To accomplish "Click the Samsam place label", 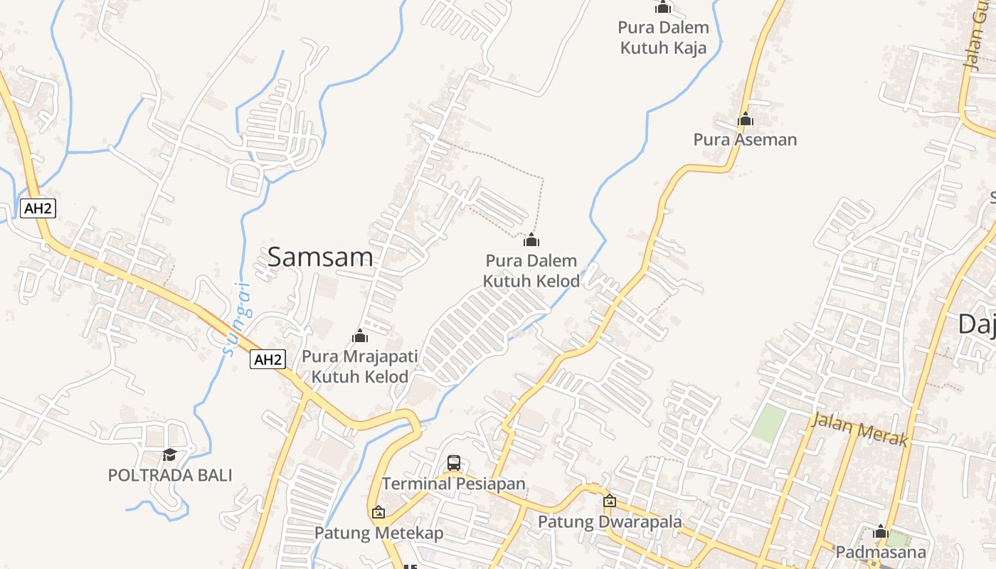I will [319, 257].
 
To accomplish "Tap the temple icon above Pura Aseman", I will [745, 119].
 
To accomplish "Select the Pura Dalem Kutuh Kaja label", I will [664, 38].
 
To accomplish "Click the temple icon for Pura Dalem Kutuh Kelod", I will [531, 240].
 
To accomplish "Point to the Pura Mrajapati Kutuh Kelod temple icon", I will [360, 336].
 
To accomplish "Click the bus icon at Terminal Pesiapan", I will [454, 463].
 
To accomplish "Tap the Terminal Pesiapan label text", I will [454, 484].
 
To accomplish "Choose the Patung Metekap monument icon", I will [378, 512].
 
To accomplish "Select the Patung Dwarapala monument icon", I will [609, 501].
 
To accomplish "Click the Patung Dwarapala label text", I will [610, 521].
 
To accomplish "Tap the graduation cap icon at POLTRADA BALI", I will [169, 454].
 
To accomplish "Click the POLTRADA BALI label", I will [170, 475].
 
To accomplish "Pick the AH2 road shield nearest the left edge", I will [38, 208].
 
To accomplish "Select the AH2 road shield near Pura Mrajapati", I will [268, 360].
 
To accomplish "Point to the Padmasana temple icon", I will [881, 531].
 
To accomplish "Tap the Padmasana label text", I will [881, 552].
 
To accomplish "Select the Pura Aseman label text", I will [745, 139].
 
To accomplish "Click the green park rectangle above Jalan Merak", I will [769, 423].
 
